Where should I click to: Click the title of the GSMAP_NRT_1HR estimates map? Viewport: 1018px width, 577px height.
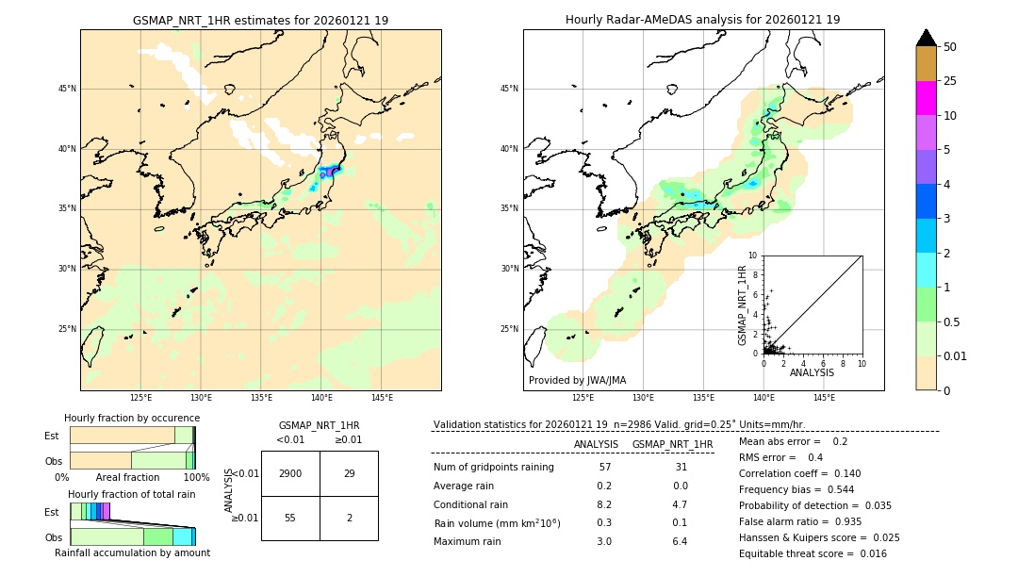point(260,20)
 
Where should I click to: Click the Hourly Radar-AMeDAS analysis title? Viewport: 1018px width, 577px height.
point(703,20)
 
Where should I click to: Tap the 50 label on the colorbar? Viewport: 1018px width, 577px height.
point(950,46)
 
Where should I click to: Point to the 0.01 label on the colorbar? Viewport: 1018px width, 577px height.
point(956,355)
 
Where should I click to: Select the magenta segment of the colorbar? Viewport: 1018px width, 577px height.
point(926,98)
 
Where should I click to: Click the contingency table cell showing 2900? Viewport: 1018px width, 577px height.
point(290,473)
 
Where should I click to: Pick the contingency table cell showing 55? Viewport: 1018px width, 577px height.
point(290,519)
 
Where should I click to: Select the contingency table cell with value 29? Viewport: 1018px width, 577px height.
point(349,473)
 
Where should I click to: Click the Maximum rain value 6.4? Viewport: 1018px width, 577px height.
point(679,541)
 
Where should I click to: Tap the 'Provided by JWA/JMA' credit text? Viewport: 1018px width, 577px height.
point(577,380)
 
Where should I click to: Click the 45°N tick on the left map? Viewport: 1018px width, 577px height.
point(67,89)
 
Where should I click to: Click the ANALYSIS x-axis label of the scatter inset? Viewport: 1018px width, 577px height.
point(812,372)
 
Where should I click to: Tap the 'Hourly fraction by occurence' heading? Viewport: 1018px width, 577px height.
point(132,418)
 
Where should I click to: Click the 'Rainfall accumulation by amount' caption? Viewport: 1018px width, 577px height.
point(132,552)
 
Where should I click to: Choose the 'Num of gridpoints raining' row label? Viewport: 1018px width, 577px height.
point(493,467)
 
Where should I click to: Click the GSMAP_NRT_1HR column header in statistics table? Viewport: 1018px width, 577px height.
point(672,444)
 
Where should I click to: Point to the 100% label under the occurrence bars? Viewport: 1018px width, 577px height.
point(196,477)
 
